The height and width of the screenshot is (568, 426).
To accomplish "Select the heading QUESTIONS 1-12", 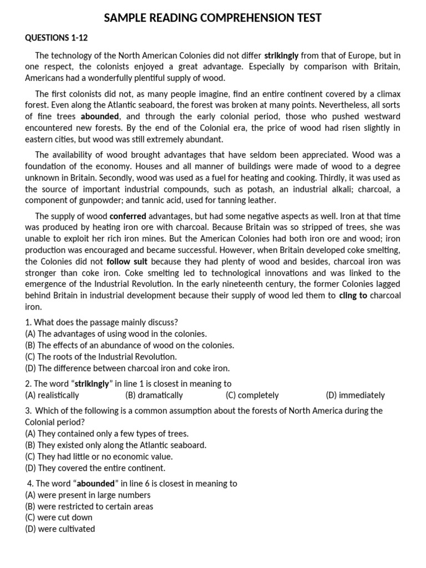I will pos(57,38).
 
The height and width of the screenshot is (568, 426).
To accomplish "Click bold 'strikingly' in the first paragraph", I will pos(281,55).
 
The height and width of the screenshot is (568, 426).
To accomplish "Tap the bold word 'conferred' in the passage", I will pos(128,216).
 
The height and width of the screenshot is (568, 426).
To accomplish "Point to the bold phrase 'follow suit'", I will pos(126,261).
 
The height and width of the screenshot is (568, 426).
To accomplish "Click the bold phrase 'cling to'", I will pos(353,296).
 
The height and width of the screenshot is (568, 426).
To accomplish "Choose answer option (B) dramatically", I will pos(154,395).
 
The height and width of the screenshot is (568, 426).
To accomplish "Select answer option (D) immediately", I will pos(355,395).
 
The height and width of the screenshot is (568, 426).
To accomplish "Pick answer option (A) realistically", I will pos(52,395).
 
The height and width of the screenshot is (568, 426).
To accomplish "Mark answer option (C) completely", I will pos(252,395).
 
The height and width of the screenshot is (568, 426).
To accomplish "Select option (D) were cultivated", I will pos(60,529).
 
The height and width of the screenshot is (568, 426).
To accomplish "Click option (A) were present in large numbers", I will pos(88,495).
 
